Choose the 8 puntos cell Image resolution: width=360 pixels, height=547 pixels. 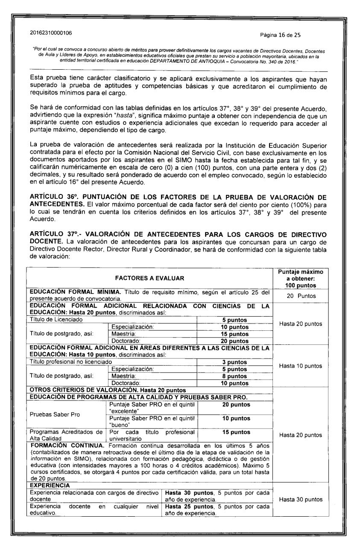235,376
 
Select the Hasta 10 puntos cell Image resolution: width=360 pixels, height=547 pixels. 303,366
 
